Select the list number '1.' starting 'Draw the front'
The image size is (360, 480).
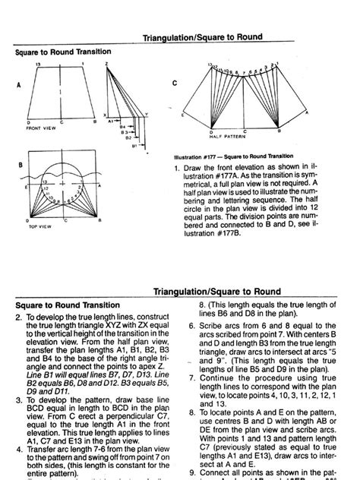click(x=176, y=166)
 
